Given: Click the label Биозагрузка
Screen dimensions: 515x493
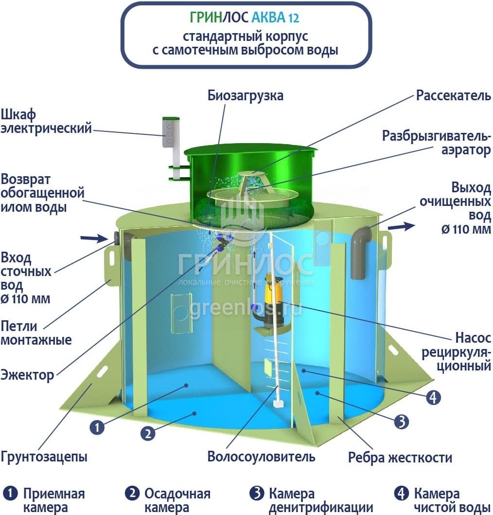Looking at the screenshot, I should coord(245,95).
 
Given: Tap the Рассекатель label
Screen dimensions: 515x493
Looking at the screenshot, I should coord(453,95).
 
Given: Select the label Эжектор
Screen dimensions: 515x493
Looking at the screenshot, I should coord(27,375).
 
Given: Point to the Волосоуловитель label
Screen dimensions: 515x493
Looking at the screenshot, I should coord(261,457).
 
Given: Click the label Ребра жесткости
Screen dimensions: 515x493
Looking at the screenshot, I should coord(400,458).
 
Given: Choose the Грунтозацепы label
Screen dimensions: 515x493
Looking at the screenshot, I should coord(44,457).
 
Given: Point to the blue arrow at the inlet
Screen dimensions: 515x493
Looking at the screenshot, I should coord(99,238).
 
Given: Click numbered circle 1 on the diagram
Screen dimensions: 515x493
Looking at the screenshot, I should coord(97,427).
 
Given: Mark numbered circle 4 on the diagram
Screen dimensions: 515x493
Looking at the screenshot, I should coord(433,398).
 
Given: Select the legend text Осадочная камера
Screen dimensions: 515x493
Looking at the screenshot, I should coord(177,500).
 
